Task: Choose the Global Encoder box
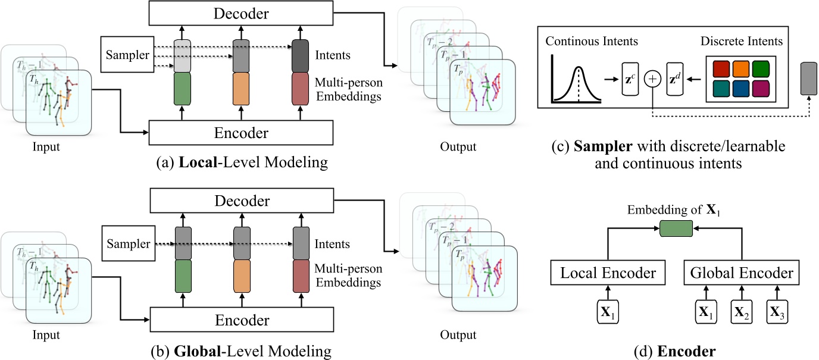tap(742, 273)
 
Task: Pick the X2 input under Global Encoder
tap(742, 311)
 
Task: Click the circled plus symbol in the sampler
tap(653, 79)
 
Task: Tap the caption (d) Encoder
tap(675, 351)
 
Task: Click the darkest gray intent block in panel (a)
tap(301, 55)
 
